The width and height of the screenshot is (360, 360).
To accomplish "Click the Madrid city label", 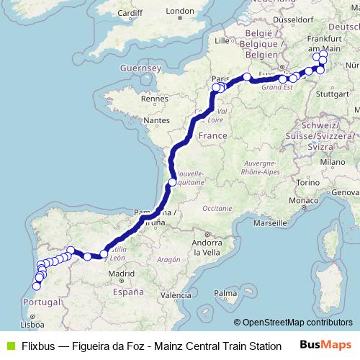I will [x=120, y=274].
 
